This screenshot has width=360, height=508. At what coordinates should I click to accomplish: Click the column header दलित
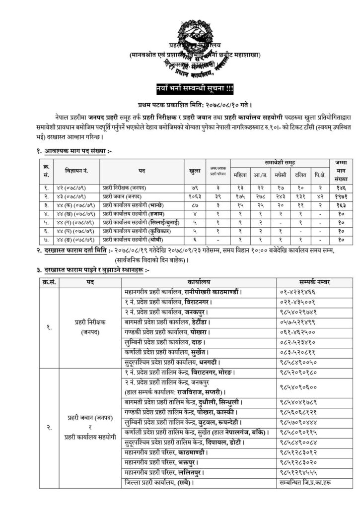click(300, 174)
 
